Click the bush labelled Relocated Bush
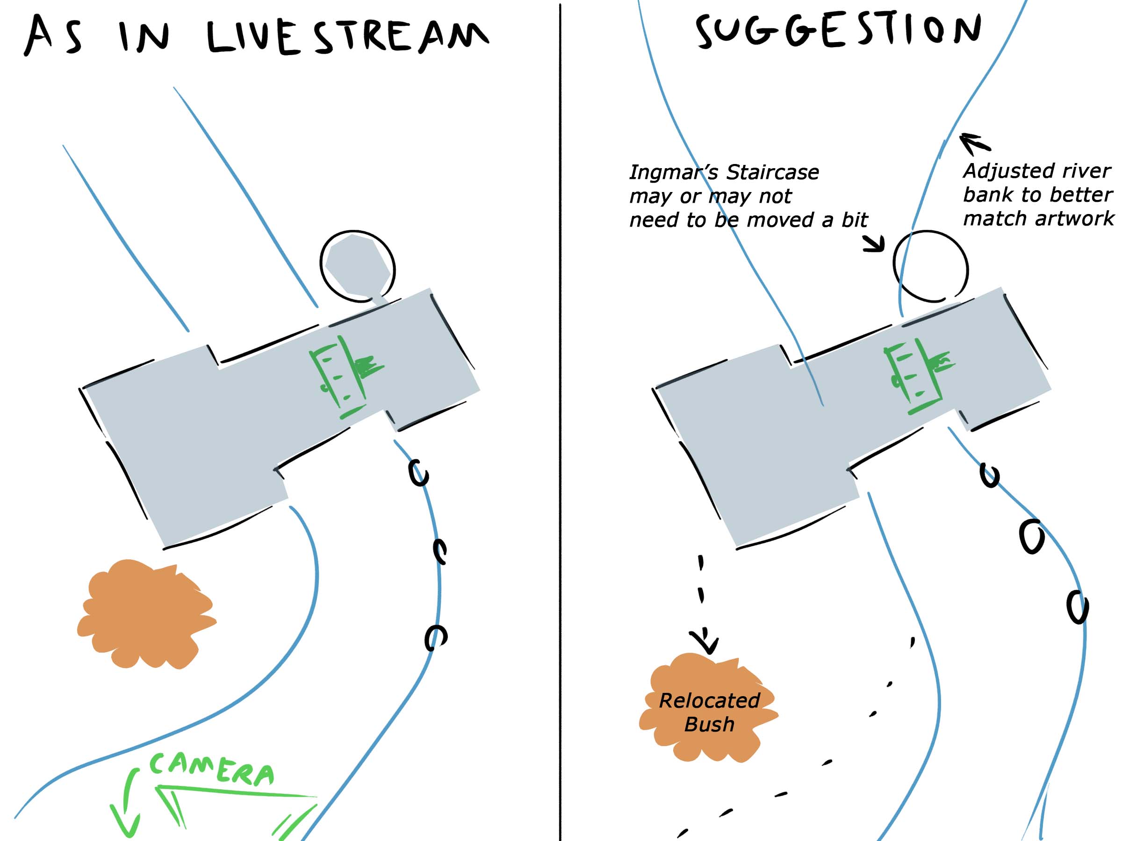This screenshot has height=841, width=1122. pos(708,710)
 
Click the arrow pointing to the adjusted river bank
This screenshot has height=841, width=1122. pos(974,143)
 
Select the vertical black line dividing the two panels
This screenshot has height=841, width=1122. pos(560,421)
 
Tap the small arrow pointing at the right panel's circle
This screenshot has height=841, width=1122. pos(875,244)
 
